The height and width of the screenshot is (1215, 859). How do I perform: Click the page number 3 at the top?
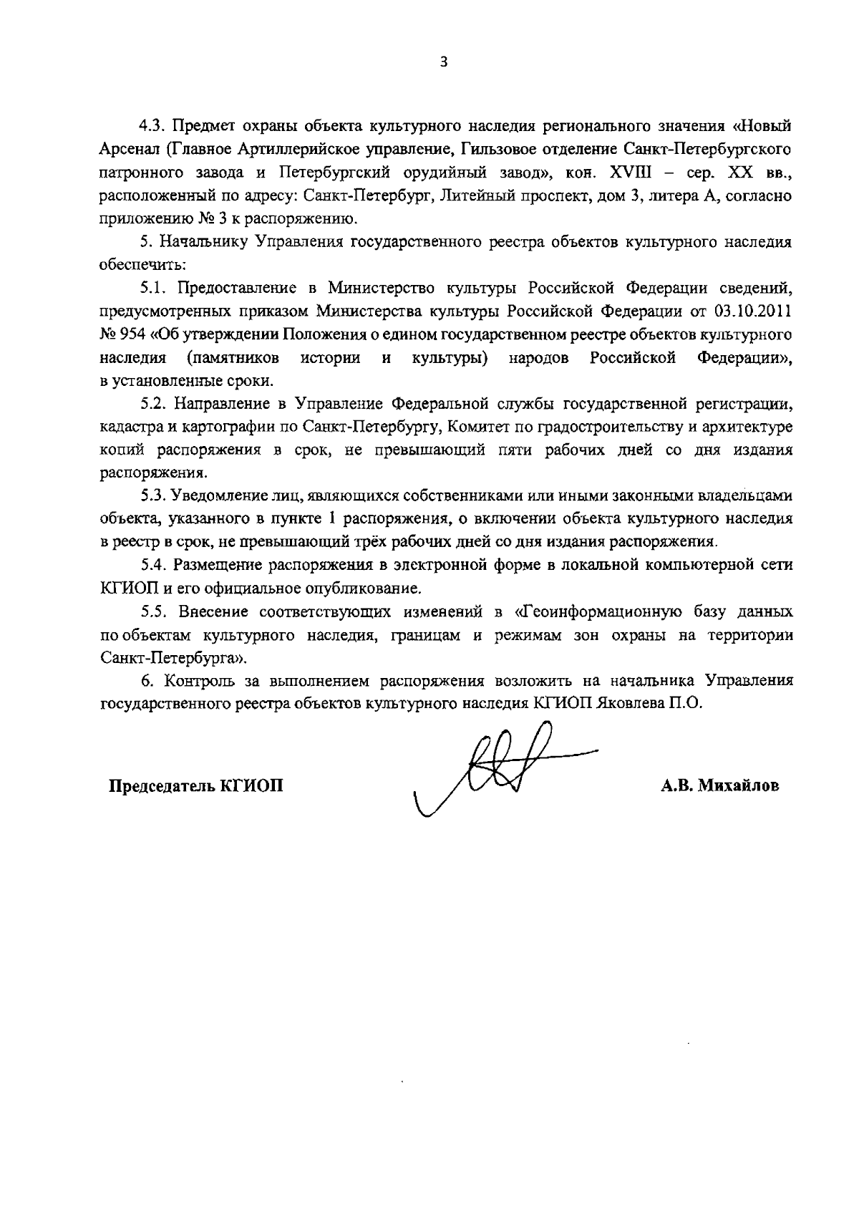[x=443, y=62]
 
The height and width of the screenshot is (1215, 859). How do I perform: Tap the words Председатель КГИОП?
[x=195, y=786]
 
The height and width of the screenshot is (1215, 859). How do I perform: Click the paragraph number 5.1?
[x=154, y=289]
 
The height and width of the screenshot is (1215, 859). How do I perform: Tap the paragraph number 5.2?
[x=154, y=404]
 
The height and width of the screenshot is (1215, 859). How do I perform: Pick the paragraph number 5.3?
[x=154, y=496]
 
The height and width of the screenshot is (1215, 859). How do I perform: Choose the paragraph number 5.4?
[x=154, y=566]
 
